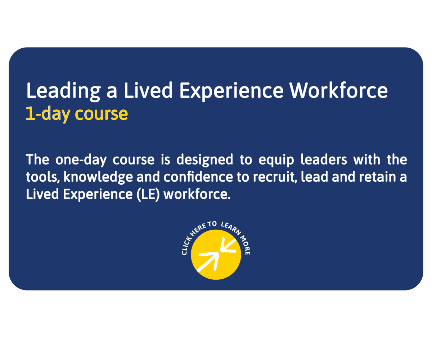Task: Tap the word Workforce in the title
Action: point(338,90)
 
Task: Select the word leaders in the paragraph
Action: point(324,159)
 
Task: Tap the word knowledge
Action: point(98,177)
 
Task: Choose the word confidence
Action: point(198,177)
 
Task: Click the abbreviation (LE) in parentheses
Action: point(148,194)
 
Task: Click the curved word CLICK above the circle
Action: point(186,246)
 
